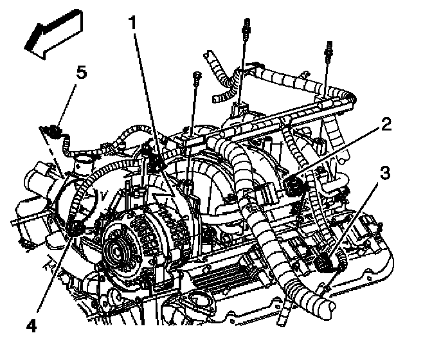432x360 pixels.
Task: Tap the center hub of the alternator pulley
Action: [119, 247]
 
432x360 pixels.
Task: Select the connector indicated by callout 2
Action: [294, 186]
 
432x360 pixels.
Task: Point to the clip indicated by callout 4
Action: [77, 226]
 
